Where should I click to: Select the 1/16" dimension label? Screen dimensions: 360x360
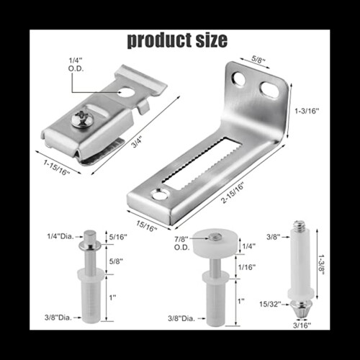248,267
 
